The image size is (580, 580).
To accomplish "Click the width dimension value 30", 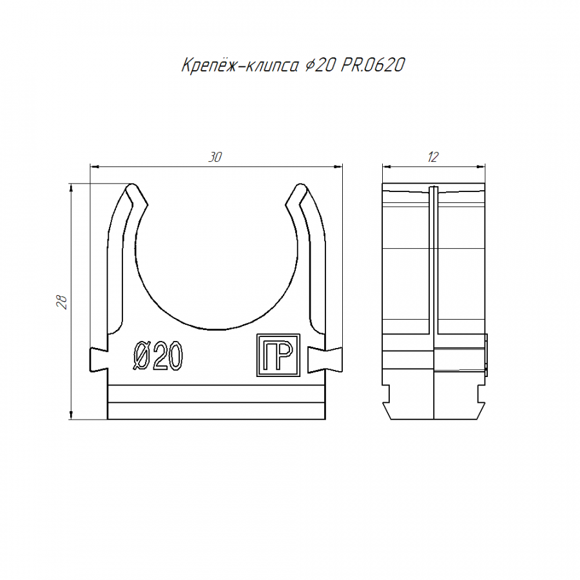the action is coord(215,157).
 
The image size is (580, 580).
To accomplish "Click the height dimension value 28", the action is coord(62,302).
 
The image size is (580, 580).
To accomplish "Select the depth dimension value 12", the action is coord(433,157).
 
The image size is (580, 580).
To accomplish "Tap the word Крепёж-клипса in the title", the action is coord(240,66).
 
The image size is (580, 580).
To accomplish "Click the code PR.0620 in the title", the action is coord(373,65).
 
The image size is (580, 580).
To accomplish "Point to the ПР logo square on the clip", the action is coord(278,355).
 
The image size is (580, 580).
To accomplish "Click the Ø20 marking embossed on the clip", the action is coord(158,356).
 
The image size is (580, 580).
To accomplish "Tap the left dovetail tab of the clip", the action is coord(99,360).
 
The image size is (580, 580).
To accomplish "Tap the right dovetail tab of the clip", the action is coord(325,360).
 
